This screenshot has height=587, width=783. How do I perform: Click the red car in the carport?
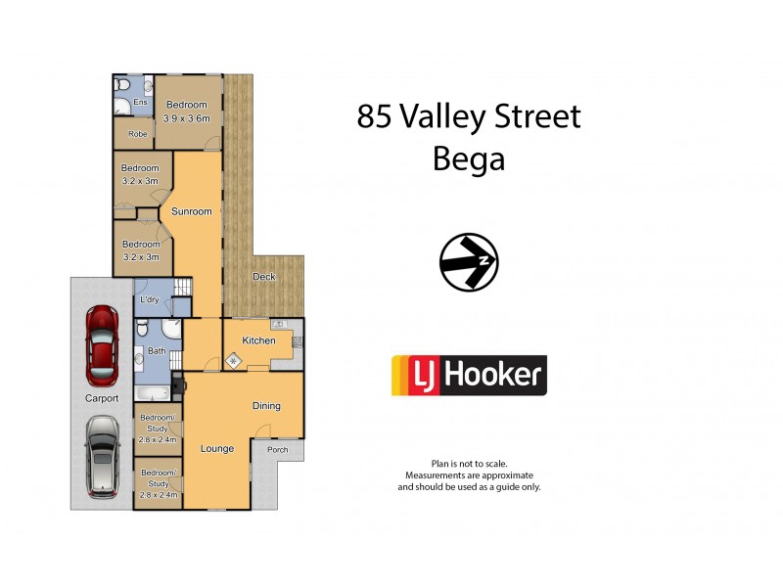tap(101, 346)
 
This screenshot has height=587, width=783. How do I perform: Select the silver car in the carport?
tap(101, 456)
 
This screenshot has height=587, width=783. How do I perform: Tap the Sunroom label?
tap(191, 211)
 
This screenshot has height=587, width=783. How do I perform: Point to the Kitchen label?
tap(258, 340)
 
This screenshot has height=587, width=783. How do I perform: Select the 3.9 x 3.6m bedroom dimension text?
tap(186, 118)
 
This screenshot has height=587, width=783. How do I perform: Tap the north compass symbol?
tap(469, 263)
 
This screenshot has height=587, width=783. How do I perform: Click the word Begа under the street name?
tap(469, 158)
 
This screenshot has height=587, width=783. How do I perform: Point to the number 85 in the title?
tap(374, 117)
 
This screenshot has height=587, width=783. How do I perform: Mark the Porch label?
tap(264, 450)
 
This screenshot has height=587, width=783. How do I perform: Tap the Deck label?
tap(263, 277)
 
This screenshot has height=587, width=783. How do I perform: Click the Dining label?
tap(266, 406)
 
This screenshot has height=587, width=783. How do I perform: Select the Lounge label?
tap(216, 449)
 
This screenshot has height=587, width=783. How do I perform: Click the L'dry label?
tap(150, 299)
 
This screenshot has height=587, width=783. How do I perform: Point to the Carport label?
tap(101, 398)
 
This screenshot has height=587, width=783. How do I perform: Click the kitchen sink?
tap(277, 324)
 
